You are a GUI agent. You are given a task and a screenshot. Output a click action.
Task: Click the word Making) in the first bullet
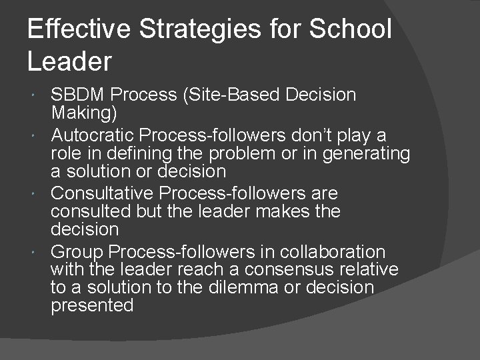pos(84,113)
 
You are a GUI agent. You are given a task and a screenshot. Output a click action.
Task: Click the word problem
pos(249,153)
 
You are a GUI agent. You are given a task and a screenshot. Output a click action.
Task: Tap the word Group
pos(76,252)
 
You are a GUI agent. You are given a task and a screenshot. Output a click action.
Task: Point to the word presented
pos(92,305)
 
